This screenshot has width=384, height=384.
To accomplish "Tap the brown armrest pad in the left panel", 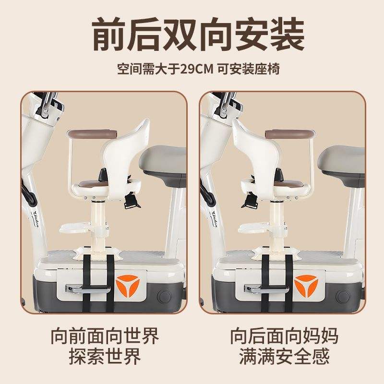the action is [92, 134].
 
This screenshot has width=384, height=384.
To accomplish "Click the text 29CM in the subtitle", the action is [197, 69].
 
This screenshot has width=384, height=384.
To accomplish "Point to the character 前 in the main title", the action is [109, 34].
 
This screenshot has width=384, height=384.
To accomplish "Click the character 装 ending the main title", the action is [287, 34].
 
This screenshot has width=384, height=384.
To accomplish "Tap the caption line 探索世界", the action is [105, 356].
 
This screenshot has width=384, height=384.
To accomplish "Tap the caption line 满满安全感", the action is [284, 356].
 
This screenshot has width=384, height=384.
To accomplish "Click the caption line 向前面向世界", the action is [105, 336].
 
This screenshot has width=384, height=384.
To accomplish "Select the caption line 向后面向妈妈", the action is [284, 336].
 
